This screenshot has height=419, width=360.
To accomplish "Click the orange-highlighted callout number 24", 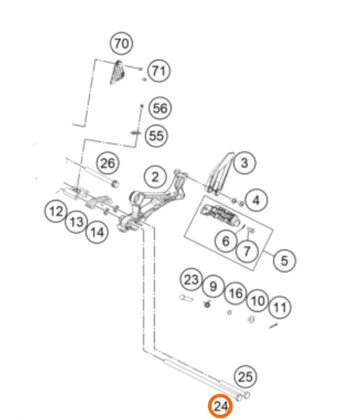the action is pyautogui.click(x=221, y=406).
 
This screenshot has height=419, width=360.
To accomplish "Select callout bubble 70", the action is pyautogui.click(x=122, y=43).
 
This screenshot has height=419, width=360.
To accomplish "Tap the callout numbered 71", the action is pyautogui.click(x=159, y=71).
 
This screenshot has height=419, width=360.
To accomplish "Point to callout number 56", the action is pyautogui.click(x=160, y=108).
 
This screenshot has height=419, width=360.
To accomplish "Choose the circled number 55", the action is pyautogui.click(x=156, y=135).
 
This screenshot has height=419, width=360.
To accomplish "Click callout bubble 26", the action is pyautogui.click(x=108, y=163).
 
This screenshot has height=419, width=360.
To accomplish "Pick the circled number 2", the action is pyautogui.click(x=155, y=177).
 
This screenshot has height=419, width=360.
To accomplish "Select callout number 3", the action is pyautogui.click(x=244, y=163).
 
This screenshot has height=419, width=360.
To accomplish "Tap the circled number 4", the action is pyautogui.click(x=256, y=200).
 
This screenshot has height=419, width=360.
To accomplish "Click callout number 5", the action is pyautogui.click(x=284, y=260).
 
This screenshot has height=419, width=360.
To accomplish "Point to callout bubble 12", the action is pyautogui.click(x=56, y=211).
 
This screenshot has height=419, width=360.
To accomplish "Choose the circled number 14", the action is pyautogui.click(x=97, y=232).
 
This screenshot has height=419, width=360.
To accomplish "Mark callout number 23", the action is pyautogui.click(x=192, y=280).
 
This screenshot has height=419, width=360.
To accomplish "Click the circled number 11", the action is pyautogui.click(x=280, y=307).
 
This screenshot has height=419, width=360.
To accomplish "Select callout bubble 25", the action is pyautogui.click(x=245, y=377).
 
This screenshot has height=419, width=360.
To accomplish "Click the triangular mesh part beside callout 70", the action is pyautogui.click(x=117, y=72).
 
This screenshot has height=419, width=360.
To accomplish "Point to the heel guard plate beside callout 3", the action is pyautogui.click(x=219, y=173).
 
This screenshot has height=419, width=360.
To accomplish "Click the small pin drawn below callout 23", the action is pyautogui.click(x=186, y=297).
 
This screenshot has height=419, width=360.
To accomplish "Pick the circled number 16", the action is pyautogui.click(x=235, y=293).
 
